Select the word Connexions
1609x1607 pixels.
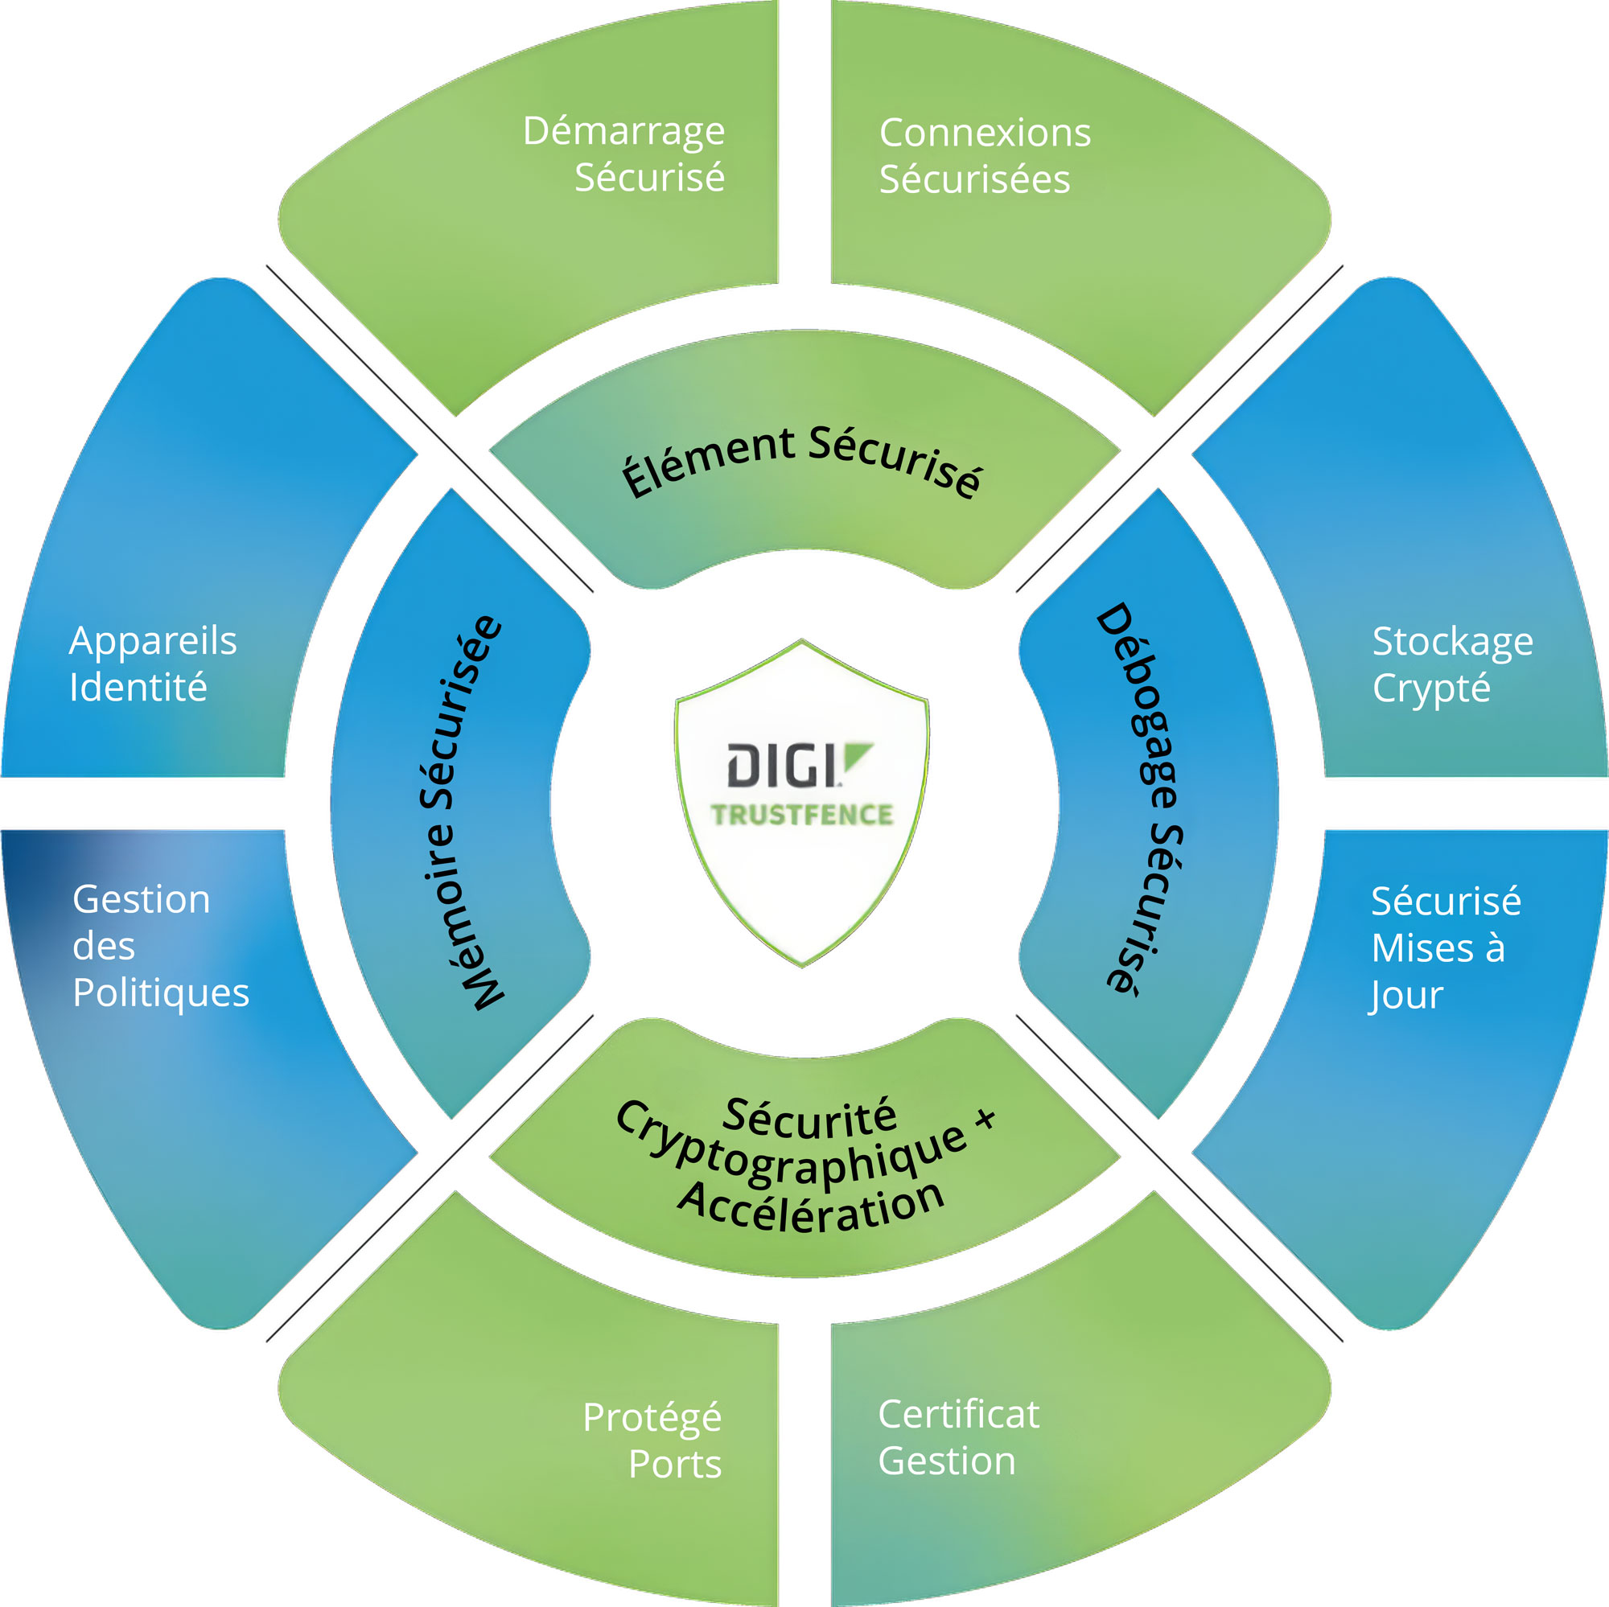[986, 133]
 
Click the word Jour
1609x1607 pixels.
[1405, 996]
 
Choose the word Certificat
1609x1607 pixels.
[959, 1414]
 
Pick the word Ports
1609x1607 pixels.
[675, 1464]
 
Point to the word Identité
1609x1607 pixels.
[138, 687]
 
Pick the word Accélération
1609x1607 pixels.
[812, 1207]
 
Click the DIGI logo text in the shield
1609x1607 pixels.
[784, 765]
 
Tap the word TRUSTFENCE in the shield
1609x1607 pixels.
[802, 814]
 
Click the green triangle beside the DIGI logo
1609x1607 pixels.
[856, 755]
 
